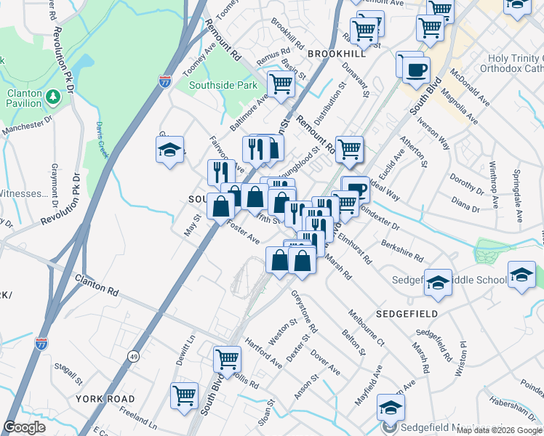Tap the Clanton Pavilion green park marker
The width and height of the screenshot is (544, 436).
(x=52, y=97)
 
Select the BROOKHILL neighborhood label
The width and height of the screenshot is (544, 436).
(x=336, y=54)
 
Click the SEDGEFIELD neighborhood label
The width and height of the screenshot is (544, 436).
(x=407, y=313)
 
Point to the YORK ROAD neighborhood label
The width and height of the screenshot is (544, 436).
(x=105, y=399)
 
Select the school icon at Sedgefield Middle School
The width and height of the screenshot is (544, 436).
(x=438, y=280)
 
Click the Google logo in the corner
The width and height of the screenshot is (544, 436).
(x=25, y=427)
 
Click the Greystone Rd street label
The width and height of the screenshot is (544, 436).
(x=305, y=311)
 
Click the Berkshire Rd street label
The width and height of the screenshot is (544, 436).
(x=401, y=249)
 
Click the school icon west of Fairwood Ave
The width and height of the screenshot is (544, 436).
(x=169, y=150)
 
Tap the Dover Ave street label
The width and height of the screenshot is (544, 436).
(x=325, y=362)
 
